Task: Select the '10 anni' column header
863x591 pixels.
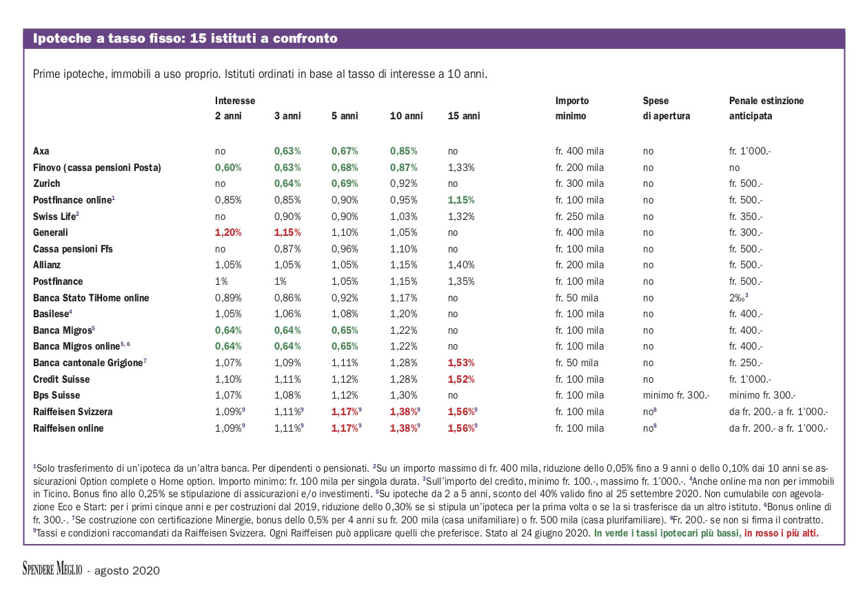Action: tap(406, 116)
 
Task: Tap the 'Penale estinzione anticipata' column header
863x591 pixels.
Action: tap(766, 108)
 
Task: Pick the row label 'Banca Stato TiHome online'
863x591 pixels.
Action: tap(91, 298)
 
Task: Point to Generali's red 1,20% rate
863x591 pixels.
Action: tap(228, 232)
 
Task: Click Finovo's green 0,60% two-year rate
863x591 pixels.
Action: tap(228, 168)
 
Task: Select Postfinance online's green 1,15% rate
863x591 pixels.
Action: tap(460, 200)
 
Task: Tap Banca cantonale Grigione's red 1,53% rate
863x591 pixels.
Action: tap(460, 363)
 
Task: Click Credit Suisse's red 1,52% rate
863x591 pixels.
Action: tap(460, 379)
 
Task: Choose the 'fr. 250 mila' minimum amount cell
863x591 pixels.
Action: tap(580, 217)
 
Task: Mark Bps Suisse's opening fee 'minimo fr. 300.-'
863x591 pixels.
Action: tap(676, 395)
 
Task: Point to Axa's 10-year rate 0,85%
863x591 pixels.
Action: tap(403, 151)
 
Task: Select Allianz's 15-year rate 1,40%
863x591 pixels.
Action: tap(460, 265)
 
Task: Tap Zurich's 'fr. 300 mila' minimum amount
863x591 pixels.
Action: tap(580, 183)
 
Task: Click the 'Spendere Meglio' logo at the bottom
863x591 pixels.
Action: tap(52, 569)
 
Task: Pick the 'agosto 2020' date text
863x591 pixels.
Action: tap(127, 570)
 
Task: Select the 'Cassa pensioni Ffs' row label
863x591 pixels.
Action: tap(73, 249)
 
